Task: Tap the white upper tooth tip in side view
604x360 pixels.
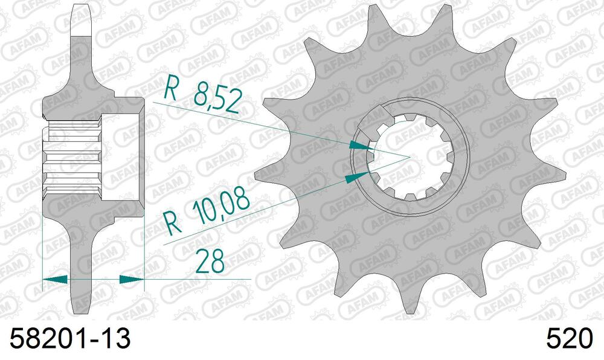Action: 81,18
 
